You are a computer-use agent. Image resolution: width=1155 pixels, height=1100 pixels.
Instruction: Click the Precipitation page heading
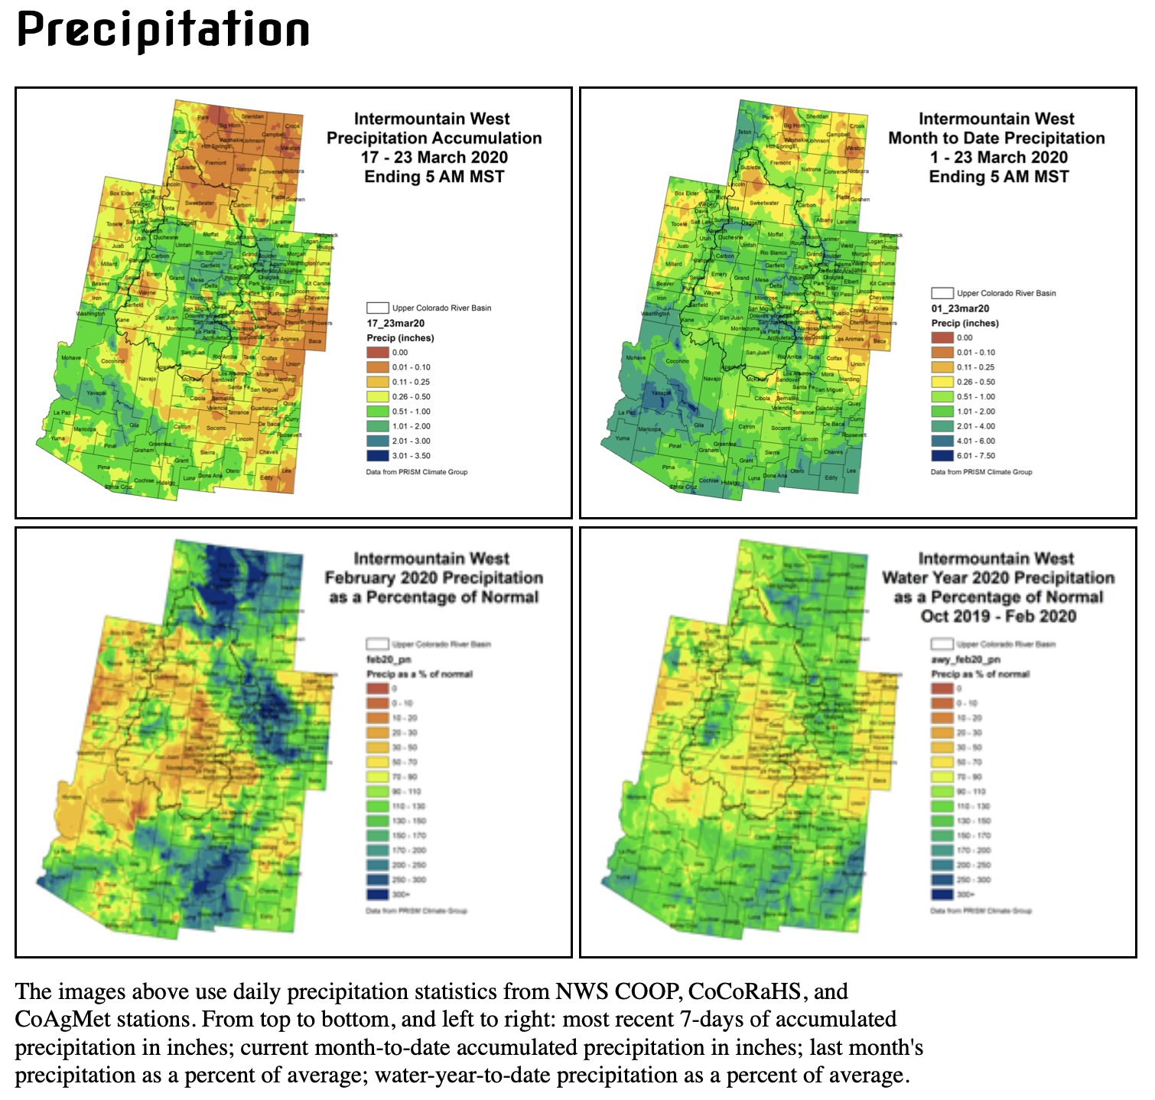point(163,31)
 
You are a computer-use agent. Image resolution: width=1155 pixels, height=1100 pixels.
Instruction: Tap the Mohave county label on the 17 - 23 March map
point(71,358)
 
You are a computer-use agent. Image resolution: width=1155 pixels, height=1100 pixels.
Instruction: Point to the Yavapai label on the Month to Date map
point(661,392)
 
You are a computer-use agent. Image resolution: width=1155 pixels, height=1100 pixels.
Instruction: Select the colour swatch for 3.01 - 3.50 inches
point(377,456)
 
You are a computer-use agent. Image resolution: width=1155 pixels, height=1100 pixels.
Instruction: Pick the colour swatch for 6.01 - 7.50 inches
point(942,456)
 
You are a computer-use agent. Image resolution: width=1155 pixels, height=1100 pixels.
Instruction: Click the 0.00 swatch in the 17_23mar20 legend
point(377,353)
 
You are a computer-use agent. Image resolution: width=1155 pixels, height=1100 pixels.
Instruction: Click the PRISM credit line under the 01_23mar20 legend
point(981,472)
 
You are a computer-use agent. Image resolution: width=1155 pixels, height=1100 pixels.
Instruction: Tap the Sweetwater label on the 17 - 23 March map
point(200,203)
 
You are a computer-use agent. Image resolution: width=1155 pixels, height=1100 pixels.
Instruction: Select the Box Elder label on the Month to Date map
point(686,194)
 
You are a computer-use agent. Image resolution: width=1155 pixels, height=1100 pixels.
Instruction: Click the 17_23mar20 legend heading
point(395,324)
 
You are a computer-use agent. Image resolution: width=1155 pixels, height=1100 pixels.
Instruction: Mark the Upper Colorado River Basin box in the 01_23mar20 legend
point(942,293)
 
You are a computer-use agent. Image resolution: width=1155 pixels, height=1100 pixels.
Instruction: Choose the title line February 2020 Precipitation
point(434,578)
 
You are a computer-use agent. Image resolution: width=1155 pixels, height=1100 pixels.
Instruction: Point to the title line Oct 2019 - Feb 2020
point(998,617)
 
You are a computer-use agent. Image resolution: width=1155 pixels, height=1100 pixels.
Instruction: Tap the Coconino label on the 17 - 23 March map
point(112,361)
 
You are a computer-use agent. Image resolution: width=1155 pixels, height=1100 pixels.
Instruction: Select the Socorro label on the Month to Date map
point(780,428)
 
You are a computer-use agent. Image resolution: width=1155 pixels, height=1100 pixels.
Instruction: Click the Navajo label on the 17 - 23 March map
point(147,379)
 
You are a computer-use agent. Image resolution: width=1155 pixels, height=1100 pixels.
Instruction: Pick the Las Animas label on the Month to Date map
point(849,339)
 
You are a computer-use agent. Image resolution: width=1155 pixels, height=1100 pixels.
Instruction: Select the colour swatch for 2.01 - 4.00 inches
point(942,427)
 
